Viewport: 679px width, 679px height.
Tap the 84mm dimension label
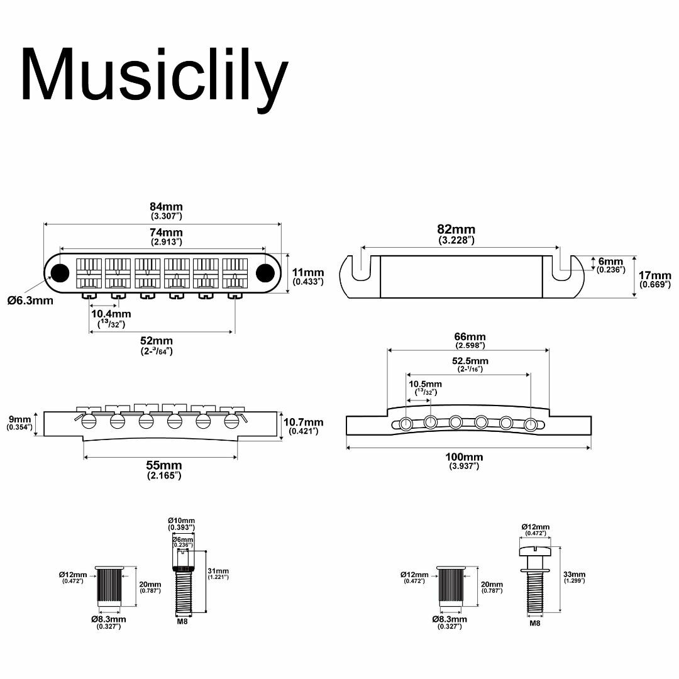pos(166,207)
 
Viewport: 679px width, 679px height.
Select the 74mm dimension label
pos(166,233)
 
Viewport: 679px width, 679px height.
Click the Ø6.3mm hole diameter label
pos(30,300)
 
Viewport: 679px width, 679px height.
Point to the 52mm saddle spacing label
pos(157,341)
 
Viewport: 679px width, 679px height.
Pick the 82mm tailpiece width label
pos(456,229)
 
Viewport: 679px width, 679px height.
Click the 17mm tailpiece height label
pos(654,275)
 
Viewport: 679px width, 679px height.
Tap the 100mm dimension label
pos(464,457)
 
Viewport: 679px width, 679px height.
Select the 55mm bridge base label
pos(163,465)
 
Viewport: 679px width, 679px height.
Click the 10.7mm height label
pos(303,422)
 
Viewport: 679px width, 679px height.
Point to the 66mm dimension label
pos(470,336)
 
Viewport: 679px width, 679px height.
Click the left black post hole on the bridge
pos(60,272)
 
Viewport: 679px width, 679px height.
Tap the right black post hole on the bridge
pos(265,272)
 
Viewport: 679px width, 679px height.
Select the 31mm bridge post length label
pos(218,571)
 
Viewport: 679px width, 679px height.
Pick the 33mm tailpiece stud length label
pos(574,574)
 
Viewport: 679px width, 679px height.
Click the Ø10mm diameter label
pos(182,521)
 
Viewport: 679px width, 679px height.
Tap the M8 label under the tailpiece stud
pos(535,623)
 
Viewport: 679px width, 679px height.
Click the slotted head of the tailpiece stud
pos(535,551)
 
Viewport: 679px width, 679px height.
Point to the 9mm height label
pos(20,419)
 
